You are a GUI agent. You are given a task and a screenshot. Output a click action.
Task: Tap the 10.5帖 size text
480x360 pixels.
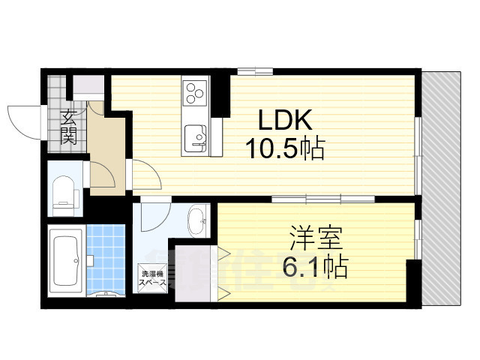click(x=285, y=149)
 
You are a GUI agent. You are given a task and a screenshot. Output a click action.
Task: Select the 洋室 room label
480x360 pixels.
click(x=316, y=239)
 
